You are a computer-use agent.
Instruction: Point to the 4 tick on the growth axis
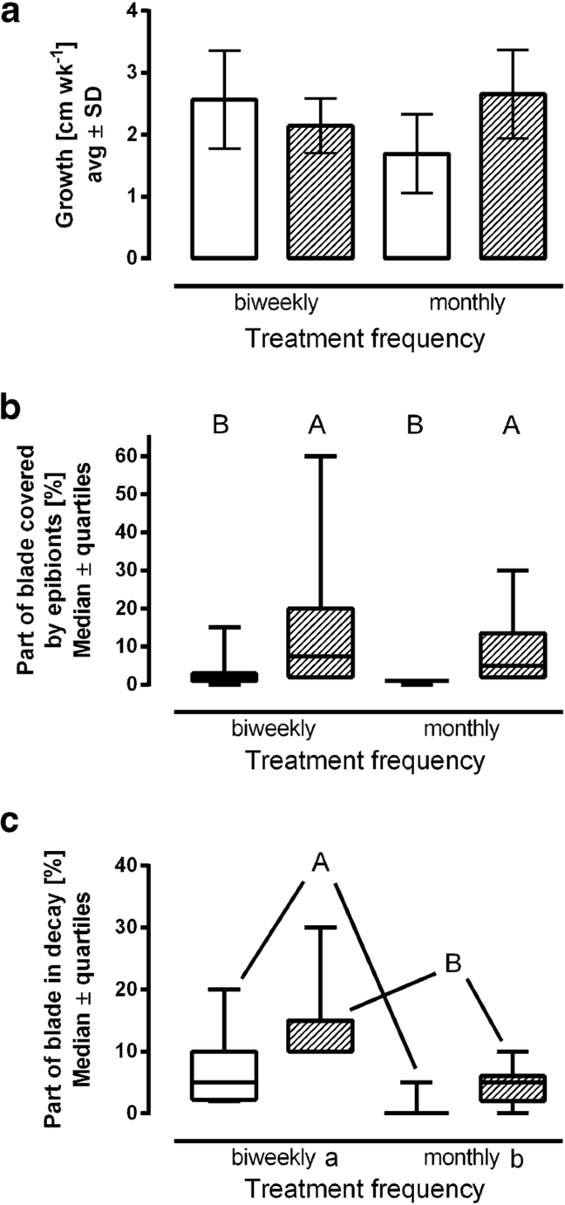point(125,12)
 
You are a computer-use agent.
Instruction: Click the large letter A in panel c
point(323,862)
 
